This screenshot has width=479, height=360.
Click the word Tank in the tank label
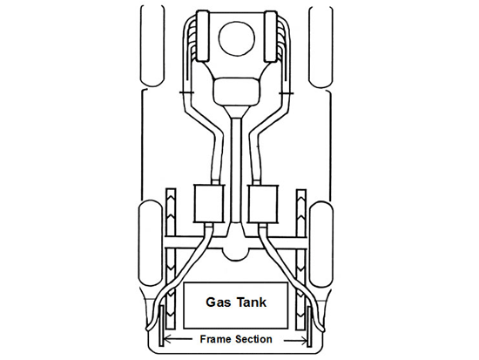click(x=252, y=302)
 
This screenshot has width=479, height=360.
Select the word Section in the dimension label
click(x=253, y=339)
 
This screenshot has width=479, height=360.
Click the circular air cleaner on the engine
click(x=236, y=39)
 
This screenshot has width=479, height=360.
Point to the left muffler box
click(x=209, y=203)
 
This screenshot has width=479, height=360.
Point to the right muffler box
click(x=263, y=203)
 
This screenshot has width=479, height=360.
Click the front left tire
click(x=152, y=46)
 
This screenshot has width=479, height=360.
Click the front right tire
click(x=320, y=46)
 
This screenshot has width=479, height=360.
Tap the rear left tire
click(x=151, y=243)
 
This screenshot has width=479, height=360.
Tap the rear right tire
click(x=321, y=243)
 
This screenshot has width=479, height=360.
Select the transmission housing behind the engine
click(x=236, y=91)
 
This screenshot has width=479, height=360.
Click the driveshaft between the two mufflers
click(x=236, y=170)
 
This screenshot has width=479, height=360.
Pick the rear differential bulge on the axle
click(x=236, y=251)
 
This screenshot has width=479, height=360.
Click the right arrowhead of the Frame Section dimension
click(x=303, y=340)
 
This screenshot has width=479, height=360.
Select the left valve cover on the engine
click(x=202, y=37)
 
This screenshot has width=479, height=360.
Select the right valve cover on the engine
click(x=271, y=37)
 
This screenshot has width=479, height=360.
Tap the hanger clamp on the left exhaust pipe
click(x=186, y=92)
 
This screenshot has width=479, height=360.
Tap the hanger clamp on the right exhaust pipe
click(x=287, y=93)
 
